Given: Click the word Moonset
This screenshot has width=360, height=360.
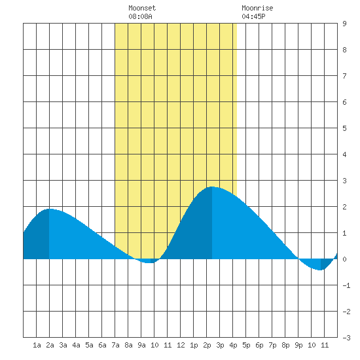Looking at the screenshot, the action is (142, 9).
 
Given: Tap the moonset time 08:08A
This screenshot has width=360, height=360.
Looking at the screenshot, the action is (140, 16).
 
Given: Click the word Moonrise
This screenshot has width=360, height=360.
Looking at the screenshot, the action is (257, 9).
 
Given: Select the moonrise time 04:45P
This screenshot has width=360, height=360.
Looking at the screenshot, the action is (253, 16).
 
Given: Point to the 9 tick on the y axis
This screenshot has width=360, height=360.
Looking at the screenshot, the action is (344, 24).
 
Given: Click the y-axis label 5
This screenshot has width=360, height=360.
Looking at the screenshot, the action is (344, 128).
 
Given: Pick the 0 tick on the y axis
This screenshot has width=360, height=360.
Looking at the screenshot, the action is (344, 259).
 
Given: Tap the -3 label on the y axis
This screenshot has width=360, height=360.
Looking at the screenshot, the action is (346, 338).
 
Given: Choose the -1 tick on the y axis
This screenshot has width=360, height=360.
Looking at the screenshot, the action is (346, 285).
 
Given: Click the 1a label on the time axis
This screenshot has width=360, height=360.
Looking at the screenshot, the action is (37, 345).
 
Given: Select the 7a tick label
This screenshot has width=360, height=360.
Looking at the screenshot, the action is (115, 345).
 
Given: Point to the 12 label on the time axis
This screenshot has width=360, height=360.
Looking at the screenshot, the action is (181, 345).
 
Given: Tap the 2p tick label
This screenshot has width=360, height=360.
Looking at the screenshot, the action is (207, 345).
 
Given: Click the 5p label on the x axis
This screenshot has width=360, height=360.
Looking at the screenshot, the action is (246, 345).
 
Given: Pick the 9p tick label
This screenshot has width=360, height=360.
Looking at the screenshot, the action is (298, 345).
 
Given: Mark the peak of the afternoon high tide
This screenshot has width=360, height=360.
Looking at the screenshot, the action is (212, 187).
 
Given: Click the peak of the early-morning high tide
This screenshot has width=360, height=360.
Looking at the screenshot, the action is (49, 209).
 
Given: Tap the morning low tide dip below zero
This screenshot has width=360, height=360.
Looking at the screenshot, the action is (149, 262).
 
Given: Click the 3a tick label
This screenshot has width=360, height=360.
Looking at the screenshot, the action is (63, 345).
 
